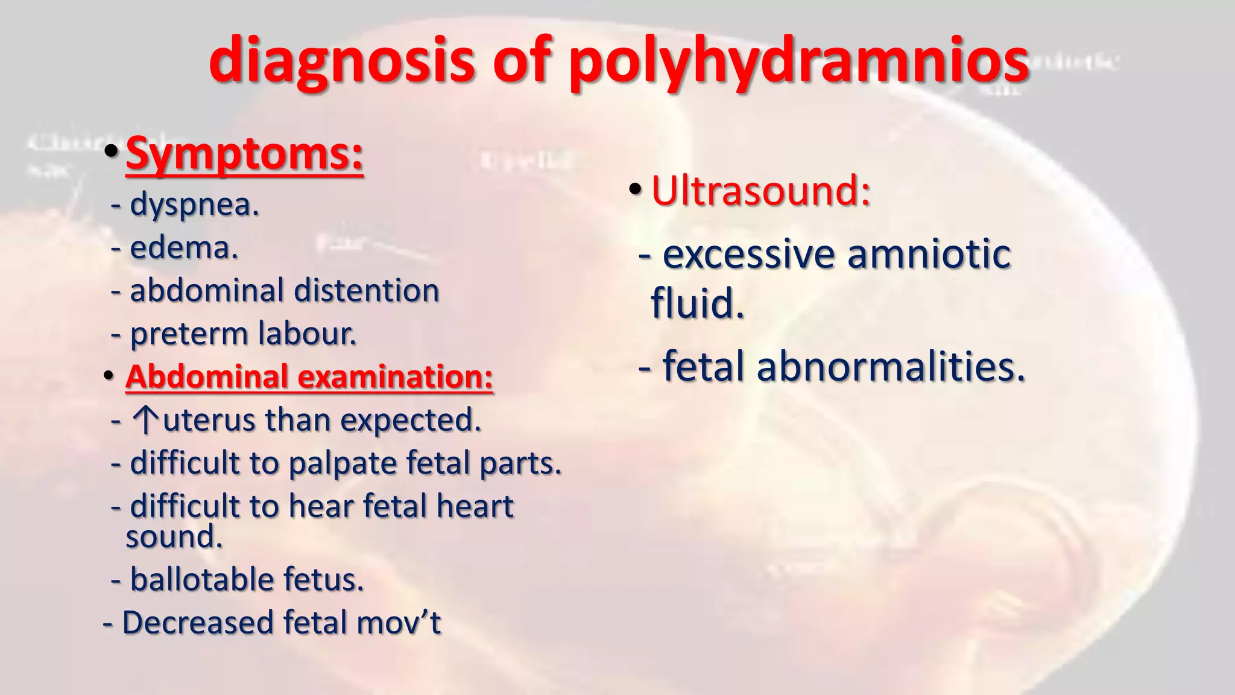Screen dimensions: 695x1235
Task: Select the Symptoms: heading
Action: pos(244,154)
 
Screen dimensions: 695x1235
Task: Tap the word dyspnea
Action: pos(194,205)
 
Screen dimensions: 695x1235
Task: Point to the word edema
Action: pos(184,248)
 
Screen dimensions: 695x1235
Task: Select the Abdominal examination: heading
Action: pos(309,377)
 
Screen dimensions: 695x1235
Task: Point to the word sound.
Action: pos(174,537)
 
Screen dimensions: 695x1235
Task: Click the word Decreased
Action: pos(198,623)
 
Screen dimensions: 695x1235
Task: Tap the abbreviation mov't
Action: pos(399,623)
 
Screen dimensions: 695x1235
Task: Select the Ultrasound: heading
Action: pos(760,191)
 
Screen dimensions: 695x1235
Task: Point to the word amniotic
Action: pos(929,255)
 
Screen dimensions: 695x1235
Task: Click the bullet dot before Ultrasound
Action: pos(634,190)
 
